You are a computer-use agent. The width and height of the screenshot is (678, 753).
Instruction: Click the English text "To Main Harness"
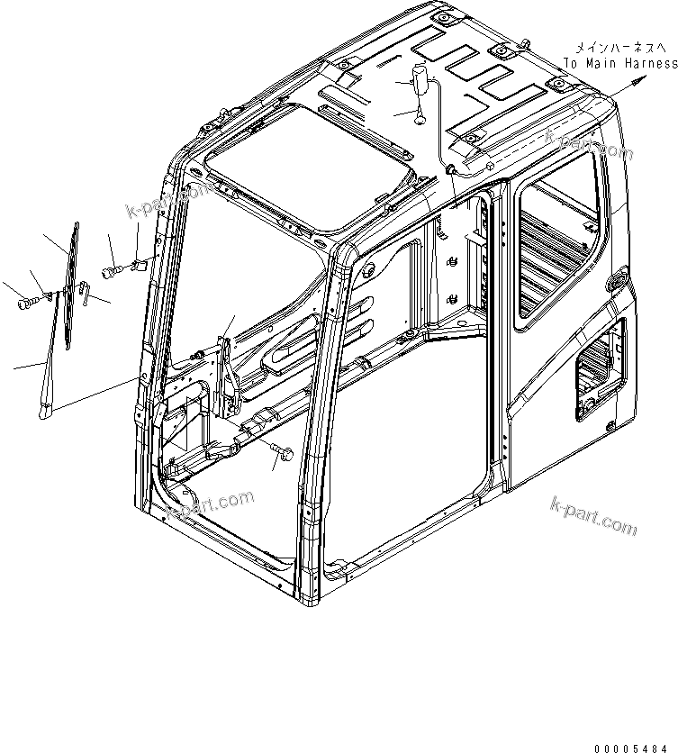(620, 64)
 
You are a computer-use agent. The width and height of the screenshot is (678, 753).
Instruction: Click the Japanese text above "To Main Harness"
(621, 47)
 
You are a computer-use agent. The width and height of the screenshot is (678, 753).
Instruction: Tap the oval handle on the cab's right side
(619, 282)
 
